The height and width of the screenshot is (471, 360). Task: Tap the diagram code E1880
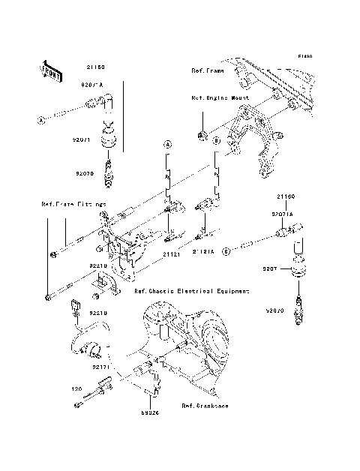tap(304, 56)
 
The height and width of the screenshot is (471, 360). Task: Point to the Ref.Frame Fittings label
tap(73, 203)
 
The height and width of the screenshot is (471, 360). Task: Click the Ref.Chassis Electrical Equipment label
tap(191, 290)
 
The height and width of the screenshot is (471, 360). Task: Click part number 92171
tap(102, 367)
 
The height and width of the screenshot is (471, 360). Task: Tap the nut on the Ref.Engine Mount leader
tap(202, 136)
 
